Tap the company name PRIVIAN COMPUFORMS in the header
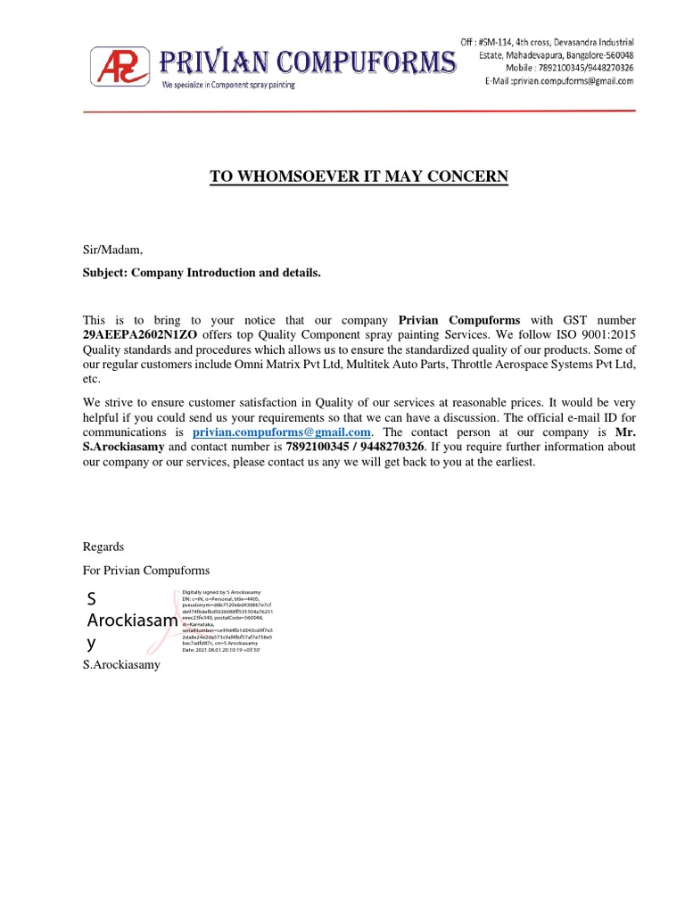pos(307,62)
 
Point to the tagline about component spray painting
pos(227,85)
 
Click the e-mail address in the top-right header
pos(559,81)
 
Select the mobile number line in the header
pos(559,68)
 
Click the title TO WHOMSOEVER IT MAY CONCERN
pos(359,177)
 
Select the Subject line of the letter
pos(202,272)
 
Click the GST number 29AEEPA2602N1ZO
pos(140,334)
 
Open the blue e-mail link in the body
pos(282,432)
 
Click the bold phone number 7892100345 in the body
pos(318,446)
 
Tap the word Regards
pos(103,547)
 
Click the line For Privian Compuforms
pos(146,570)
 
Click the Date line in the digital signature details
pos(221,650)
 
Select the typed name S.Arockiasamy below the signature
pos(121,664)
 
